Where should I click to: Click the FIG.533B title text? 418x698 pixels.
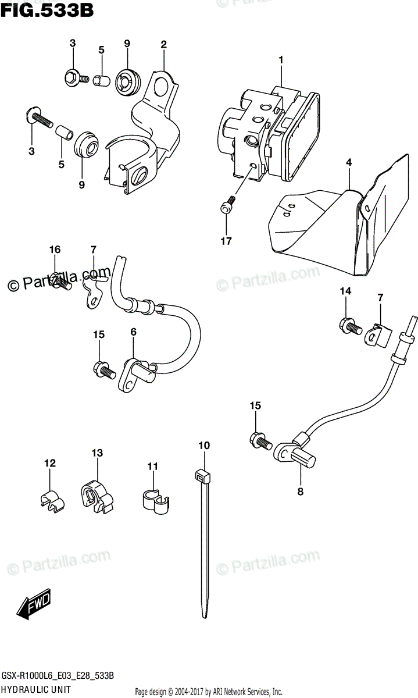click(48, 10)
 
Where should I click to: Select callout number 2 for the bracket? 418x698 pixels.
click(164, 44)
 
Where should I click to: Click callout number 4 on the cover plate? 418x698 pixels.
click(349, 163)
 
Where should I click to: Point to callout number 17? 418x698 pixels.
click(226, 241)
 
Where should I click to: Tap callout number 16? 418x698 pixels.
click(55, 250)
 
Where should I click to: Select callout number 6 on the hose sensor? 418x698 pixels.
click(133, 332)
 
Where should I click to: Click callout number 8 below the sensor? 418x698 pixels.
click(301, 491)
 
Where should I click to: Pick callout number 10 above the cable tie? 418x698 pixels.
click(203, 446)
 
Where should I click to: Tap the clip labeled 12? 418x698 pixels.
click(52, 500)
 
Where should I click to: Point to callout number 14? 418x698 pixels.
click(345, 291)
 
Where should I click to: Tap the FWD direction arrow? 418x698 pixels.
click(34, 606)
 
